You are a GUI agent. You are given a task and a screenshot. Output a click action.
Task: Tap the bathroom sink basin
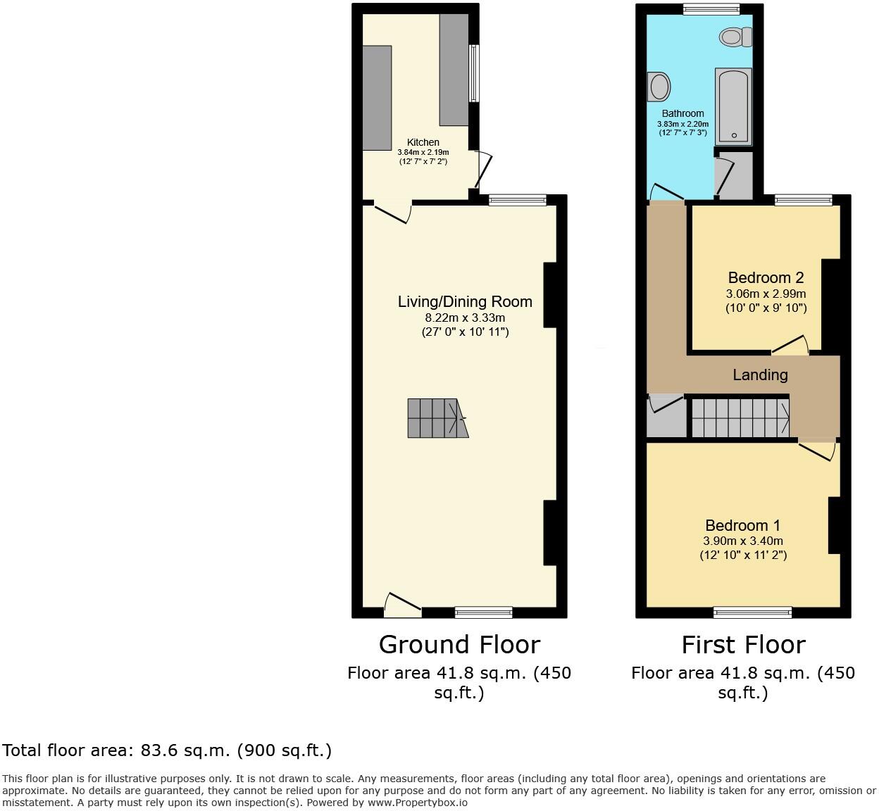click(660, 87)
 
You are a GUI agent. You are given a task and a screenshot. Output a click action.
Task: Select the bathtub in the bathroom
click(733, 106)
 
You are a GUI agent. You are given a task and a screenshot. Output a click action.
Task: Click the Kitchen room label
click(423, 142)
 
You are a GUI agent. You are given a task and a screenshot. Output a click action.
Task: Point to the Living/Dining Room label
click(465, 301)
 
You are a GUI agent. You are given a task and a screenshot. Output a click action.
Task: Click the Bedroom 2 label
click(766, 277)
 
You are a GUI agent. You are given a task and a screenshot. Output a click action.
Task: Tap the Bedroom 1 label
click(742, 525)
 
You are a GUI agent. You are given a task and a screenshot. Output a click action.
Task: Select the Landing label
click(760, 375)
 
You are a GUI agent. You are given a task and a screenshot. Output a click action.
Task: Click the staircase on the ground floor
click(437, 418)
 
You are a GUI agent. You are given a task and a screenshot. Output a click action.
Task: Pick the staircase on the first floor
click(740, 418)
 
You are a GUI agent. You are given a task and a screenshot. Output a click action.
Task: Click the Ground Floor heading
click(459, 644)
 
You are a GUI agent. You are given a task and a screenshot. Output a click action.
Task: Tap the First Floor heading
click(743, 644)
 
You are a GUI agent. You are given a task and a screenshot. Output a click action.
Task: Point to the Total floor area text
click(166, 750)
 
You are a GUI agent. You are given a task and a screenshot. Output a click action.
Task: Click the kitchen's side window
click(474, 73)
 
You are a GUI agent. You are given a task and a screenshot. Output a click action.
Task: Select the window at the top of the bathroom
click(711, 9)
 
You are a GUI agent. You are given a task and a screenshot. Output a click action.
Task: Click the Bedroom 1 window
click(752, 612)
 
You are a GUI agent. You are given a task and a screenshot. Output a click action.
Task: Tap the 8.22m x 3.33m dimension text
click(461, 318)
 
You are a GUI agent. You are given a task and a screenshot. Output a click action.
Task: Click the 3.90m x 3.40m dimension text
click(742, 541)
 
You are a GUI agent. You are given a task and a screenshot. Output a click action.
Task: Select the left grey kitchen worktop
click(377, 97)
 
